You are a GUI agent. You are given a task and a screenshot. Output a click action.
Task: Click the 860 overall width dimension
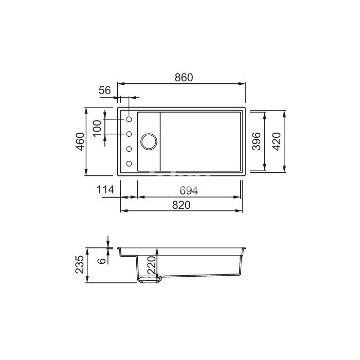184,78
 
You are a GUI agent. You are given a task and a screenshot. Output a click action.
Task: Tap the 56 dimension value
105,91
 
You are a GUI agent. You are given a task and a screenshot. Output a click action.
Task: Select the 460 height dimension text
80,141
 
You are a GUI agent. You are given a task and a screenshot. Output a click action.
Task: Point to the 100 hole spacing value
97,128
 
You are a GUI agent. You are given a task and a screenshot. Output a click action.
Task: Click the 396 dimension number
257,141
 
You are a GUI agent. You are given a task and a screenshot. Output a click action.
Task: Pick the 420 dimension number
277,141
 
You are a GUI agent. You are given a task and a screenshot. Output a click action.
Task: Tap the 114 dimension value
105,190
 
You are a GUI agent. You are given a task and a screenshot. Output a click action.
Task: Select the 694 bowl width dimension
189,190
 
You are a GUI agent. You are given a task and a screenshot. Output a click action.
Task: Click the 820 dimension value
182,205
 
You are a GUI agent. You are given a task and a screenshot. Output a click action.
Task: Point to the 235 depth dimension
80,264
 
